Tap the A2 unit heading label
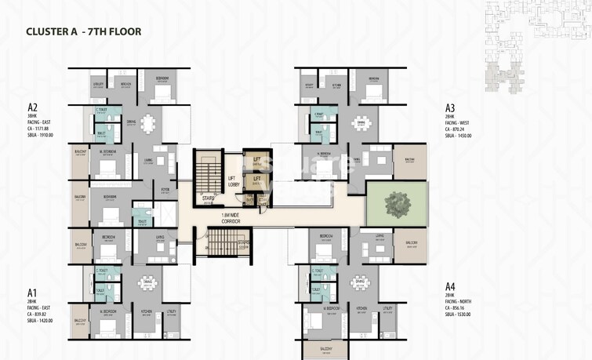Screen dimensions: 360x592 pyautogui.click(x=33, y=107)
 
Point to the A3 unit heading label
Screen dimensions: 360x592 pyautogui.click(x=450, y=107)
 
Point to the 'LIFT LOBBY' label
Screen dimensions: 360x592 pyautogui.click(x=234, y=181)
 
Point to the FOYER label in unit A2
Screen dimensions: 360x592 pyautogui.click(x=165, y=189)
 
